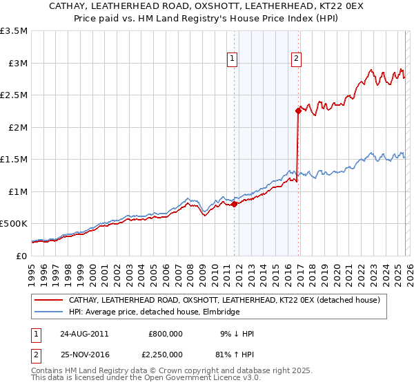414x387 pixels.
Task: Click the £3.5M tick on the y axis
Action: click(x=14, y=31)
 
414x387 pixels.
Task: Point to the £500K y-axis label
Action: click(x=14, y=224)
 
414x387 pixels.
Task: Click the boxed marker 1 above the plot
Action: click(x=233, y=59)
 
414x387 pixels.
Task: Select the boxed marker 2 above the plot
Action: click(x=296, y=59)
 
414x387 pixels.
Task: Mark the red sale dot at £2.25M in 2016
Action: click(x=298, y=111)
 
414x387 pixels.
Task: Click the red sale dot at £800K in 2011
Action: click(x=234, y=204)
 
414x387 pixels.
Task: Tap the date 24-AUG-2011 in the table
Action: click(x=83, y=334)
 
